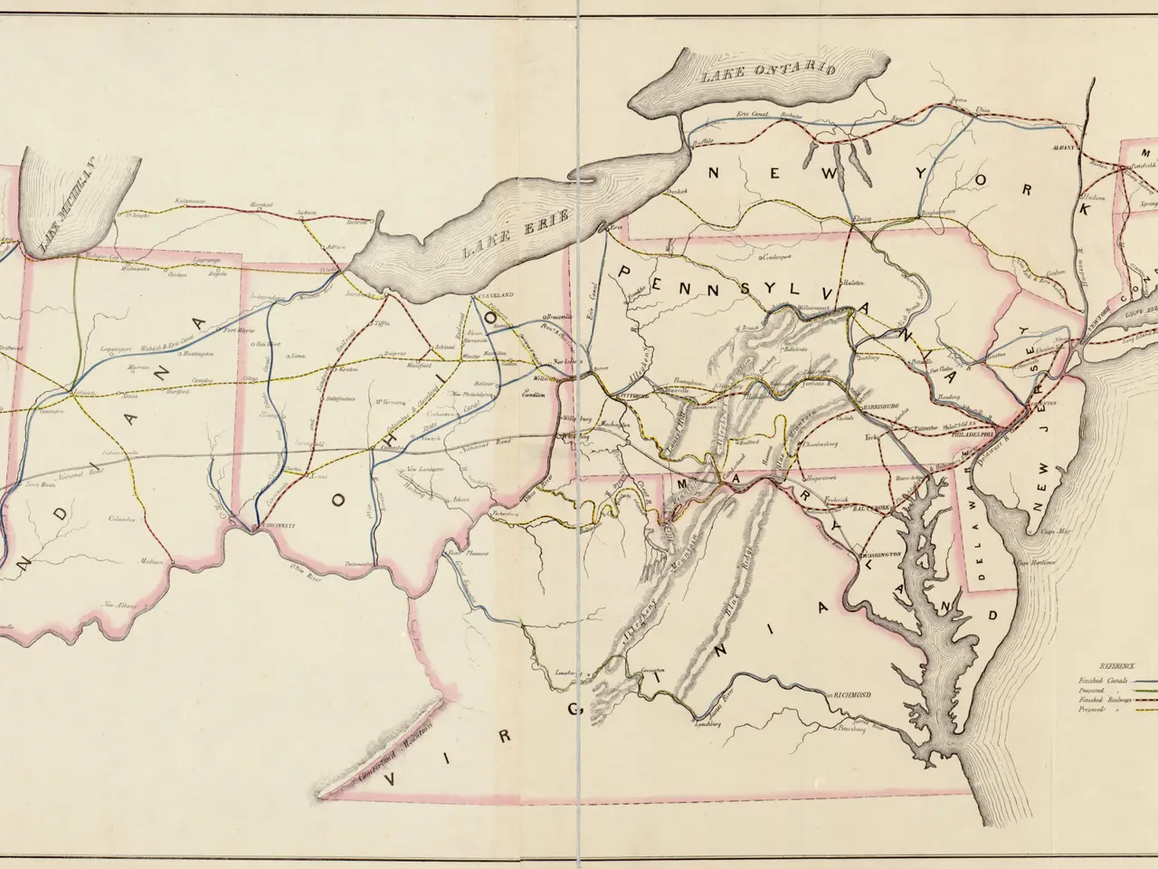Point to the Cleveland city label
click(495, 296)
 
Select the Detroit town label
click(358, 221)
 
